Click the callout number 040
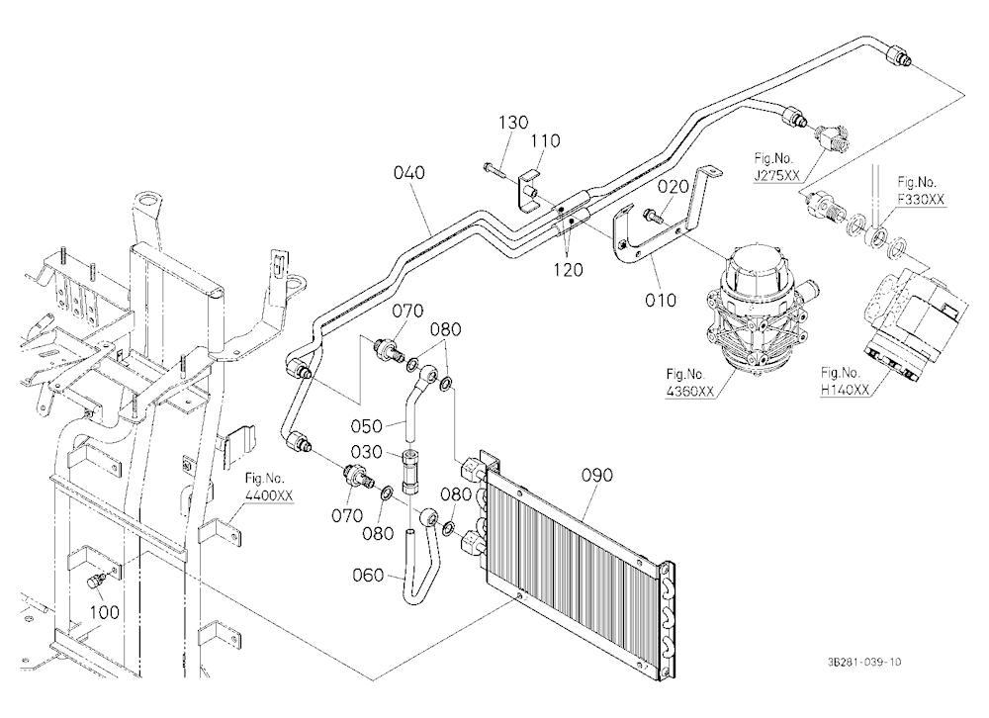[x=408, y=172]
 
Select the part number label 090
[x=596, y=475]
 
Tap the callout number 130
[x=513, y=122]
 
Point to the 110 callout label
[x=544, y=140]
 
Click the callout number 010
[x=661, y=300]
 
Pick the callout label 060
[x=368, y=575]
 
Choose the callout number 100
[x=104, y=611]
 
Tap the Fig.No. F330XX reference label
[x=921, y=191]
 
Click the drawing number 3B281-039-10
[x=864, y=662]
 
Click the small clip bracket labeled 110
[x=528, y=188]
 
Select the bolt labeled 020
[x=652, y=217]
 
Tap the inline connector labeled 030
[x=410, y=472]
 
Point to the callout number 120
[x=568, y=269]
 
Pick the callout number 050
[x=367, y=426]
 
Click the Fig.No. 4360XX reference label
[x=689, y=383]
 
